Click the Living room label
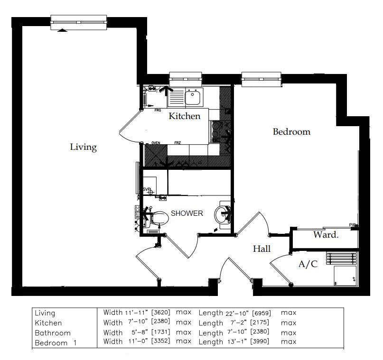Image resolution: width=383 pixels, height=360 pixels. (84, 147)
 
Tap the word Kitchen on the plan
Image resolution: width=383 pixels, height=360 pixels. (185, 116)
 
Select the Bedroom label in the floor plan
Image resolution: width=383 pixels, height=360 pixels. (291, 132)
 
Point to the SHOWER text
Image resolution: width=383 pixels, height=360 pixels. (187, 213)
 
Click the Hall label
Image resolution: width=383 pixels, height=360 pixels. (262, 249)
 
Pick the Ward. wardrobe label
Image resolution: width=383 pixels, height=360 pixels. (326, 235)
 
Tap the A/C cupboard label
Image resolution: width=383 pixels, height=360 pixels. (308, 264)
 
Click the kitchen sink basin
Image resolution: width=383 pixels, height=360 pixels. (193, 98)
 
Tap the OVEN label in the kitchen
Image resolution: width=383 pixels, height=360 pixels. (156, 143)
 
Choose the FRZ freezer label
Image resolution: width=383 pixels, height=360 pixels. (177, 143)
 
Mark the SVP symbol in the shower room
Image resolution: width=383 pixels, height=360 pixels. (147, 190)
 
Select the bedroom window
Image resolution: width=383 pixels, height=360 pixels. (262, 79)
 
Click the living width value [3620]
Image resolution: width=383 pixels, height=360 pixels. (161, 313)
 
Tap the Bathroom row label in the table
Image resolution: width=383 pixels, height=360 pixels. (52, 333)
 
